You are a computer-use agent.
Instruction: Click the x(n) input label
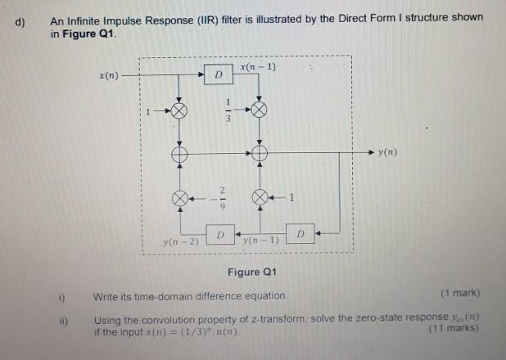click(108, 76)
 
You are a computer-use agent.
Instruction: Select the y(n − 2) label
click(176, 243)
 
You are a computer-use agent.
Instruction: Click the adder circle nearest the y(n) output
click(260, 153)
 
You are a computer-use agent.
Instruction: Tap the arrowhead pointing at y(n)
click(369, 153)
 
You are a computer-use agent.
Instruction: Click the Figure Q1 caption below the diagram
click(251, 272)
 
